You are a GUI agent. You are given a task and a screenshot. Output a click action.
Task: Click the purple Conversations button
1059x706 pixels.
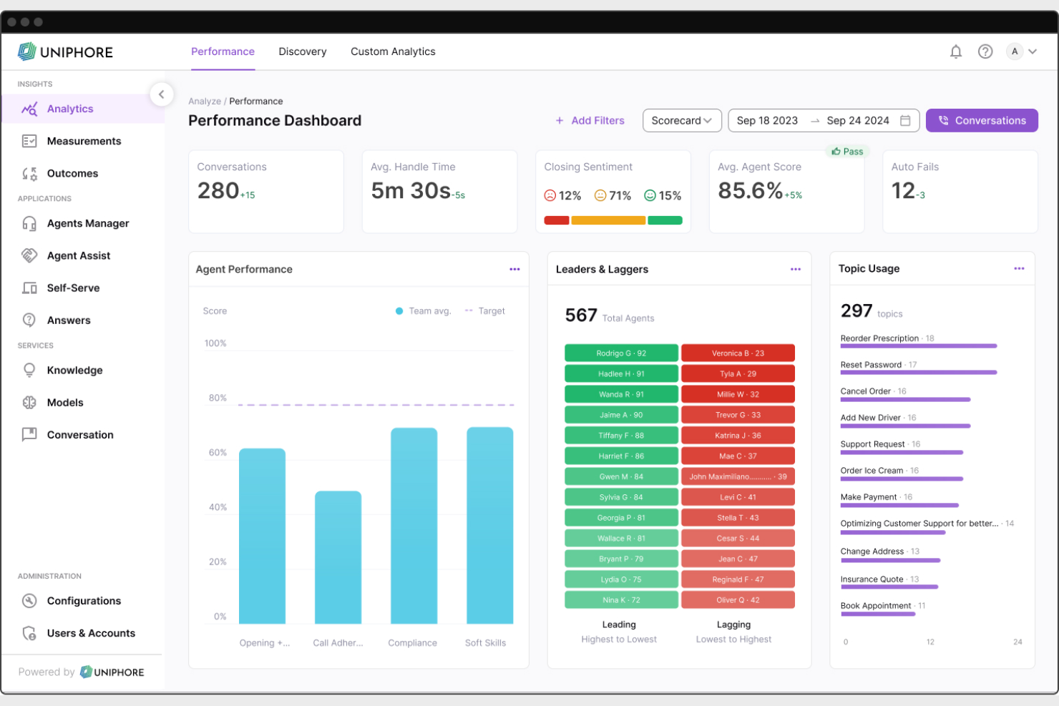tap(981, 120)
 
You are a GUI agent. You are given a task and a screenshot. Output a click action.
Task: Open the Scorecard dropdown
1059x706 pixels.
tap(681, 120)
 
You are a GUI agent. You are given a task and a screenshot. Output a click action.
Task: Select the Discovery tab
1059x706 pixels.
tap(302, 52)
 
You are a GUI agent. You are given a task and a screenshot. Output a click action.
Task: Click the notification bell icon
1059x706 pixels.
tap(955, 52)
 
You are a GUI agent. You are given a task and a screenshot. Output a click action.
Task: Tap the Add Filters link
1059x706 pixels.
tap(590, 120)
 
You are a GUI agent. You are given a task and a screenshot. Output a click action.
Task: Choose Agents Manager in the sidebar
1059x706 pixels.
tap(87, 223)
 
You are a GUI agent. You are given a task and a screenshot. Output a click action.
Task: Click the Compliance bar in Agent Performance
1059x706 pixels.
tap(414, 526)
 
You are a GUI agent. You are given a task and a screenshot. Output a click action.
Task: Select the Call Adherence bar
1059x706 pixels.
tap(338, 557)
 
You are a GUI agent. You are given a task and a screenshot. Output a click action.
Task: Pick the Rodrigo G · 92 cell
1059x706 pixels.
tap(621, 353)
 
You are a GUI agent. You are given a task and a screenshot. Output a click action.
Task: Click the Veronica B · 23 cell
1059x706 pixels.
tap(738, 353)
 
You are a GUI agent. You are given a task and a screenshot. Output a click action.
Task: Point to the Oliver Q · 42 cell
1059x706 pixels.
tap(738, 600)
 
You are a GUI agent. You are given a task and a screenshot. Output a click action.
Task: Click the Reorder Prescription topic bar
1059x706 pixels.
tap(918, 346)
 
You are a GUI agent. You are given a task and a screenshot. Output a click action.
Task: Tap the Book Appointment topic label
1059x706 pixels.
tap(875, 606)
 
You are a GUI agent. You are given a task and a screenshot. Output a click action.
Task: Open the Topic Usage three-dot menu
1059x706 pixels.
tap(1019, 269)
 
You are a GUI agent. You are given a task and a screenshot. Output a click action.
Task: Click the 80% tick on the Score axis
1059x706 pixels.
tap(218, 398)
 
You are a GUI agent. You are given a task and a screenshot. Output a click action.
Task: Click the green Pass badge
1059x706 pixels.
tap(847, 152)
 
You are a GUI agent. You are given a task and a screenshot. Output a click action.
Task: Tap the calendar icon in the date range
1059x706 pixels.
tap(905, 120)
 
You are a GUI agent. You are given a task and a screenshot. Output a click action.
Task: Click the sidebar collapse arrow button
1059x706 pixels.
tap(162, 94)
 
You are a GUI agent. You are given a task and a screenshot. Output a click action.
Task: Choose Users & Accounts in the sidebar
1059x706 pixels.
tap(90, 633)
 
